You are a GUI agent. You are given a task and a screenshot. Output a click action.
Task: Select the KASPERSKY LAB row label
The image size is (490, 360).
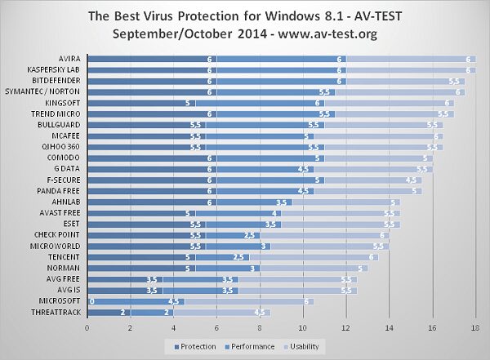point(56,70)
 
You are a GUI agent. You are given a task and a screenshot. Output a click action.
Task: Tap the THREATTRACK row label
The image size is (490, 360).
point(56,311)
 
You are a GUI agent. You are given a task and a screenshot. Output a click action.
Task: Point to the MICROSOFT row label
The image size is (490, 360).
point(60,300)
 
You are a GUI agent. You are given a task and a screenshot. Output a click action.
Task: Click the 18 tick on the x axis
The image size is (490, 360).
point(474,327)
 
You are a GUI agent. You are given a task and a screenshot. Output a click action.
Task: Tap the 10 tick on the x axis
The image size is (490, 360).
point(302,327)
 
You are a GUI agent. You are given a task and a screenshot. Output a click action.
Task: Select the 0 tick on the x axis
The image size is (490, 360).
point(87,327)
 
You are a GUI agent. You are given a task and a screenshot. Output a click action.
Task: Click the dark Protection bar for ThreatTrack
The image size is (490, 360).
point(109,311)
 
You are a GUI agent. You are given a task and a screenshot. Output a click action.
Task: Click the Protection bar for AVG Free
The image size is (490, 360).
point(125,279)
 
